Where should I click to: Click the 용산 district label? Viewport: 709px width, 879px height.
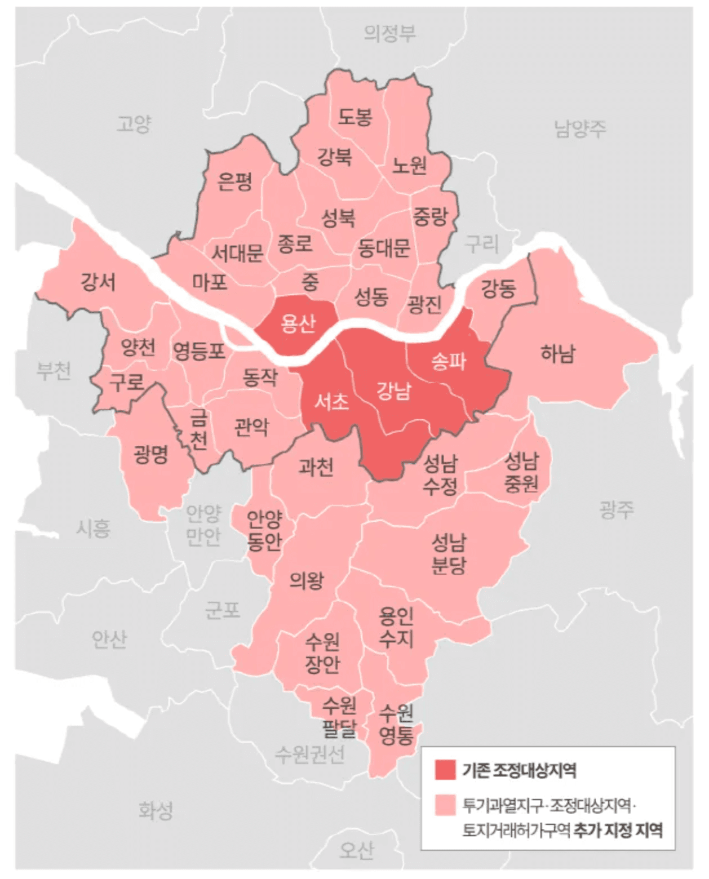(298, 323)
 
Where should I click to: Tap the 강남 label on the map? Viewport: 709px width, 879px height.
(394, 390)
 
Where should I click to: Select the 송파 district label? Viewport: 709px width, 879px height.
(449, 361)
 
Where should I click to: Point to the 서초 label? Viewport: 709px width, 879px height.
(331, 401)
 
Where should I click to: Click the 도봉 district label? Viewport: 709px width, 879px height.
(355, 117)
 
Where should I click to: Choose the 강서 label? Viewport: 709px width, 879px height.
(98, 281)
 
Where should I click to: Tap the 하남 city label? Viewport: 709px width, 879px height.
(558, 354)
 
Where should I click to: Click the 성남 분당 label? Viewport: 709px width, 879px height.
(449, 554)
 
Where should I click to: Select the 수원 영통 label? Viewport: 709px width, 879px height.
(396, 725)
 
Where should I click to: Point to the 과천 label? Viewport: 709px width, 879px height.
(316, 467)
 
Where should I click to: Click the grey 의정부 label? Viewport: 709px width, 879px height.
(390, 34)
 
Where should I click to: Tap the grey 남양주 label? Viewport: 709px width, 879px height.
(580, 129)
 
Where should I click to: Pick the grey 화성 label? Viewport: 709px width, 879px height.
(156, 811)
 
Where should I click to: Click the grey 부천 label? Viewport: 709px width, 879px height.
(54, 371)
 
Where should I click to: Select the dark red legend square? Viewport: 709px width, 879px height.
(445, 770)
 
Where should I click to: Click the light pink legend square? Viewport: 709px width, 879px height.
(445, 805)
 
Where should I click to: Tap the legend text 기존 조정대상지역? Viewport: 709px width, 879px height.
(519, 770)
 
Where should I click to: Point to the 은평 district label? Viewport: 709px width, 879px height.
(235, 181)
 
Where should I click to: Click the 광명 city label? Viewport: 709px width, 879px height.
(150, 454)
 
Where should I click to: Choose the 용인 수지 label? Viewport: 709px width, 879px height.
(396, 628)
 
